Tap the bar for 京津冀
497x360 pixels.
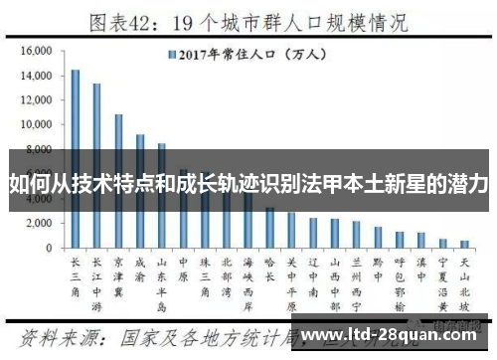click(119, 180)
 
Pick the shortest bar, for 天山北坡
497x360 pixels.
click(464, 244)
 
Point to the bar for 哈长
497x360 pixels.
click(269, 228)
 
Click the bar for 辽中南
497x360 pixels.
click(313, 233)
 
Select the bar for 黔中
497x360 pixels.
click(378, 238)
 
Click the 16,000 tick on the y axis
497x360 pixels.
click(37, 51)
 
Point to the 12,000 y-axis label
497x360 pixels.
click(37, 100)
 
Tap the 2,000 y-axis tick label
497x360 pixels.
click(40, 223)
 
